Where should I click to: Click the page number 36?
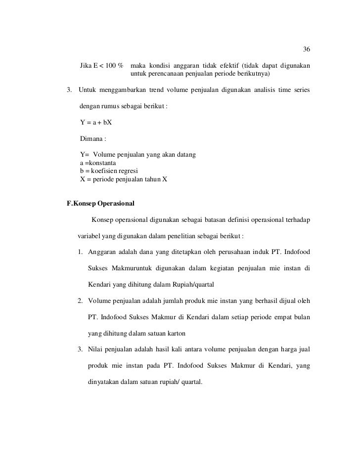click(306, 49)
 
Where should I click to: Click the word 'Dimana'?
click(92, 139)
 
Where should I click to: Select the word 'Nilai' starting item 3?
click(96, 350)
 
